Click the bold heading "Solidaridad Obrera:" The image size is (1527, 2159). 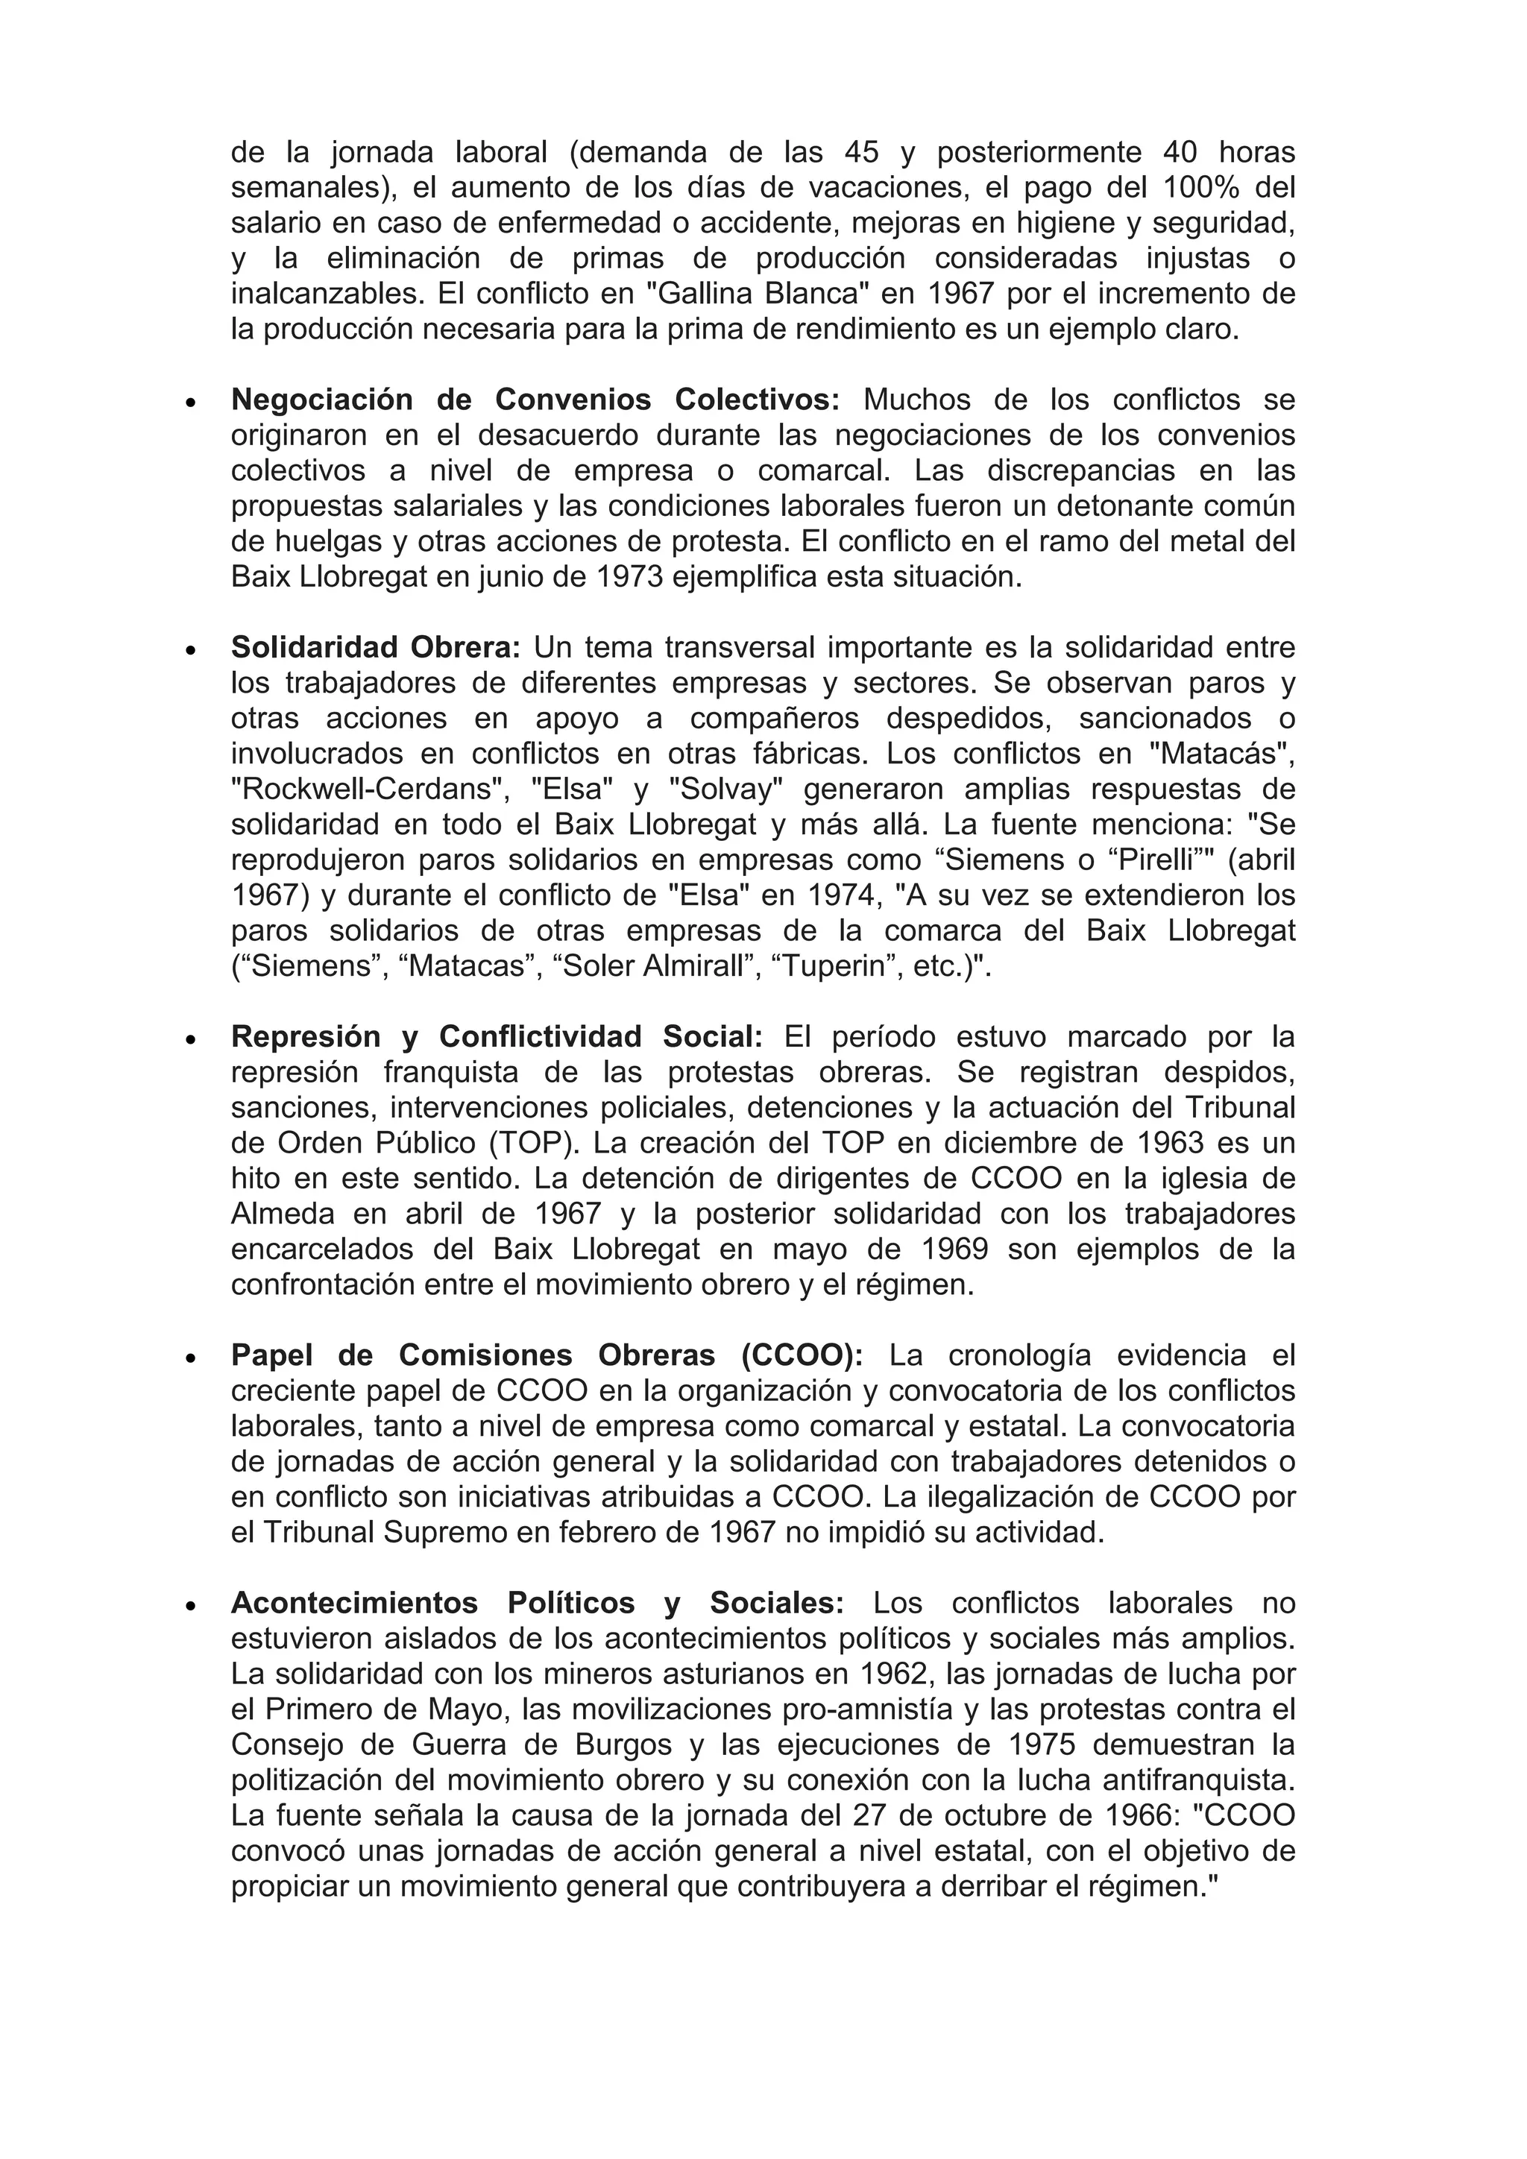click(x=375, y=648)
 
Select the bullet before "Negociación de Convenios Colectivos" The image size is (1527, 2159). click(x=191, y=402)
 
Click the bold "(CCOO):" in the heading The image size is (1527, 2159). click(x=802, y=1356)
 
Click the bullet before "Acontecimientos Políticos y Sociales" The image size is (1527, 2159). click(x=191, y=1605)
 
